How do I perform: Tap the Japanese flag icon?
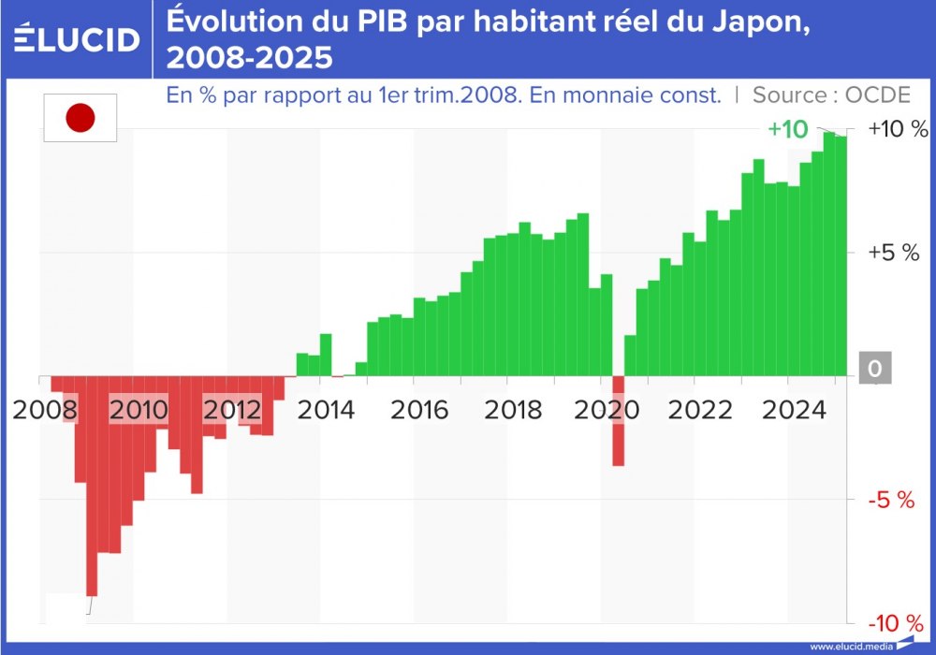[x=80, y=118]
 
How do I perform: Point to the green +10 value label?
[x=787, y=130]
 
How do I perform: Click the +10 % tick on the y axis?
[x=898, y=129]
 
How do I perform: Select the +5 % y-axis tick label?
[x=894, y=253]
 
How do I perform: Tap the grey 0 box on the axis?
[x=874, y=370]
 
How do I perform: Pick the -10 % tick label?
[x=896, y=624]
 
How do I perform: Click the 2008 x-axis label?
[x=43, y=410]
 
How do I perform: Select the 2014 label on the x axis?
[x=325, y=410]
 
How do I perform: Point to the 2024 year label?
[x=794, y=410]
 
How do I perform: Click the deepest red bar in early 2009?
[x=92, y=487]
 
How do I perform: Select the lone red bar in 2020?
[x=618, y=421]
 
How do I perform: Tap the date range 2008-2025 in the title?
[x=249, y=59]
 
